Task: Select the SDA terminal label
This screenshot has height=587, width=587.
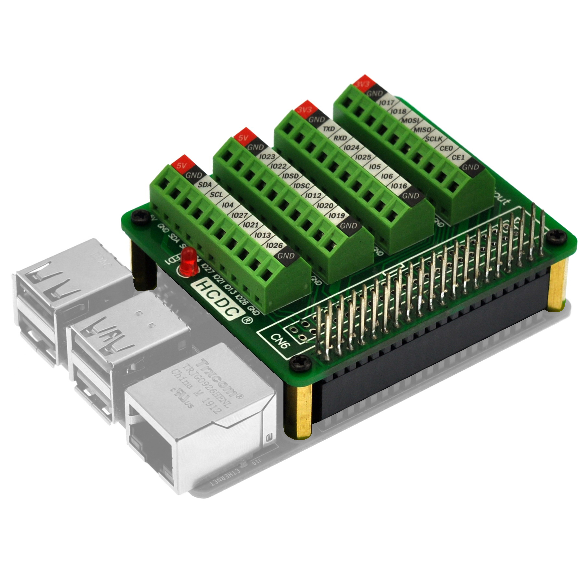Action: [205, 185]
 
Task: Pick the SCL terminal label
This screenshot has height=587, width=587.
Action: [216, 195]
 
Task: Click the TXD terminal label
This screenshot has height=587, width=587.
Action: [329, 129]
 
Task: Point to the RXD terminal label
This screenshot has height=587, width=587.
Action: [340, 138]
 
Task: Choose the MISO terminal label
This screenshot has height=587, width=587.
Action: [422, 130]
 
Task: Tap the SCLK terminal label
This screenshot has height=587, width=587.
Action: [434, 139]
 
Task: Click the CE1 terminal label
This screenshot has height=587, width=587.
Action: [458, 157]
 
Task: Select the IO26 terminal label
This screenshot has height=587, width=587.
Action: [274, 245]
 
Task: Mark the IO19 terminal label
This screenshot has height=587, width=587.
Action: [337, 216]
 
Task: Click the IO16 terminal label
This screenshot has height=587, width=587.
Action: [399, 186]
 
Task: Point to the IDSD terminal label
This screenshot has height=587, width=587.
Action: [290, 176]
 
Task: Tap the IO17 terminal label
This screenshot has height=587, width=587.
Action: [387, 103]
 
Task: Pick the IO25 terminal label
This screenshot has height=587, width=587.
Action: [363, 157]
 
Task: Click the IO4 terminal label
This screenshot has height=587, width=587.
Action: [228, 205]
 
